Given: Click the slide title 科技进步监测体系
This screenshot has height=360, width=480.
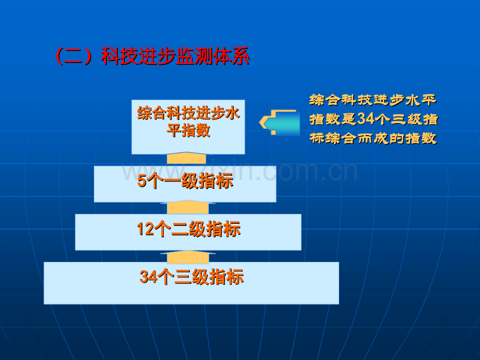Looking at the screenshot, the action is (175, 56).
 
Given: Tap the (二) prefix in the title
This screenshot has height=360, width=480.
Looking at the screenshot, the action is (74, 56).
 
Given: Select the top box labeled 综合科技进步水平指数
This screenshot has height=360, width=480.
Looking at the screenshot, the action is (188, 127).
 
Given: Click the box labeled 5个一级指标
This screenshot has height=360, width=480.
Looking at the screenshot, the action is (185, 184).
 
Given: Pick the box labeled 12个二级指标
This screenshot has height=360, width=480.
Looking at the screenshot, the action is (188, 232).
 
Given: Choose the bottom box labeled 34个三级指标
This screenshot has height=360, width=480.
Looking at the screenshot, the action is (191, 283).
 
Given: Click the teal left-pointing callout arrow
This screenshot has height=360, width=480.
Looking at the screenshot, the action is (280, 123).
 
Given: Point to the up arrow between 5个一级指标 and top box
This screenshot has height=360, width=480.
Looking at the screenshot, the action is (186, 159).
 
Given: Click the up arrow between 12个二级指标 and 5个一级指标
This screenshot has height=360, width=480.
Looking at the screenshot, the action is (188, 207).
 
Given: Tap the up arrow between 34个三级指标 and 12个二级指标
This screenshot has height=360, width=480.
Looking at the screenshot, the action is (188, 257).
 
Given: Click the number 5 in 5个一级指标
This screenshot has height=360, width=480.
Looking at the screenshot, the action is (141, 181).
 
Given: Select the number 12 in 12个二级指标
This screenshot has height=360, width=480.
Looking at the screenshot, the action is (145, 229).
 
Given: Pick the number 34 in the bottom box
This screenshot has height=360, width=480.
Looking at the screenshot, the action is (148, 277).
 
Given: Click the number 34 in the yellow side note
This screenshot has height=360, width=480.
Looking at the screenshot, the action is (366, 119).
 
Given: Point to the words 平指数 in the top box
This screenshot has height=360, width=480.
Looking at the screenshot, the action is (188, 130).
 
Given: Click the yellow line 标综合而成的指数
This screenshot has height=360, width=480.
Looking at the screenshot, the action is (373, 138).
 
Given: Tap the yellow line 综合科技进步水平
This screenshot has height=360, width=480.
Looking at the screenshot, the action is (373, 100).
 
